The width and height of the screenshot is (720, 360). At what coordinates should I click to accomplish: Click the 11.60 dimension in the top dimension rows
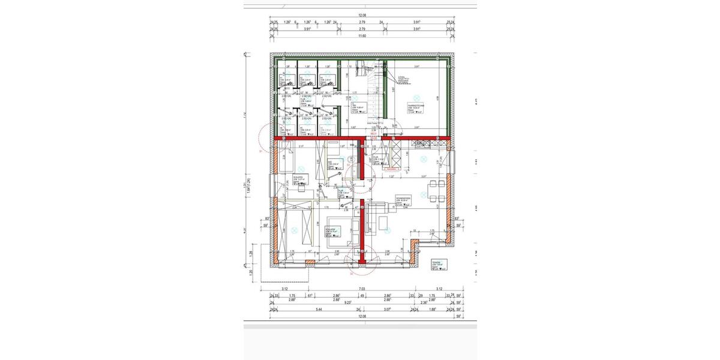tap(361, 36)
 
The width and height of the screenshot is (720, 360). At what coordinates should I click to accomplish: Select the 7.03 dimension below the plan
tap(361, 289)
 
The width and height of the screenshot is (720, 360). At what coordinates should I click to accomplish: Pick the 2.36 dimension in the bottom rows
tap(425, 303)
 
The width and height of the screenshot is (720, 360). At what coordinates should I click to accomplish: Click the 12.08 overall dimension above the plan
tap(361, 16)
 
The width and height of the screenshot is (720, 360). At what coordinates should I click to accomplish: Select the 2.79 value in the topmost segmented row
tap(362, 22)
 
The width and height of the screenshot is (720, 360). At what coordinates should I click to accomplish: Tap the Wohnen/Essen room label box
tap(403, 200)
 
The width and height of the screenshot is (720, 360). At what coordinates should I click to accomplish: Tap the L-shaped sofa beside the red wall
tap(377, 218)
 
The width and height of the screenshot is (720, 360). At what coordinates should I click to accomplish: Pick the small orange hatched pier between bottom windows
tap(310, 261)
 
